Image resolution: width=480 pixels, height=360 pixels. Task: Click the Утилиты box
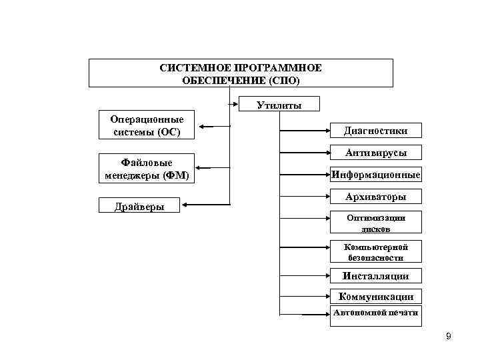tap(279, 105)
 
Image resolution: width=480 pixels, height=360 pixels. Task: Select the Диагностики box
tap(376, 131)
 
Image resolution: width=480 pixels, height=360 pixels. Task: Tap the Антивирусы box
tap(376, 153)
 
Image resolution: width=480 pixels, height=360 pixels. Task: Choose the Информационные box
tap(376, 175)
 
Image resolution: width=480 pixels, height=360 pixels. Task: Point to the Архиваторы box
tap(376, 197)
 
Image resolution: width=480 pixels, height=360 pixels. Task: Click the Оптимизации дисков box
tap(376, 223)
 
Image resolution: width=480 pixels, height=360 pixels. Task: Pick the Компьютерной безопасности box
tap(376, 252)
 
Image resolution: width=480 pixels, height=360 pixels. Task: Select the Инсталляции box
tap(376, 275)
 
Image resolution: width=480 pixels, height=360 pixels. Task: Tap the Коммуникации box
tap(376, 297)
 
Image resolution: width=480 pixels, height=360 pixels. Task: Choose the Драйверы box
tap(139, 206)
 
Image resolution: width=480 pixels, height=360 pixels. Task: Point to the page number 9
tap(449, 336)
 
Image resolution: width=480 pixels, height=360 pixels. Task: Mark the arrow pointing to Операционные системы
tap(213, 127)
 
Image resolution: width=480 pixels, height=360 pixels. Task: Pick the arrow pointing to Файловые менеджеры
tap(213, 168)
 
